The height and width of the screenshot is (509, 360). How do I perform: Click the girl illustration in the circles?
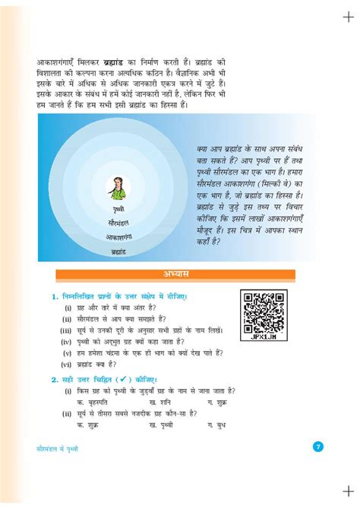point(117,186)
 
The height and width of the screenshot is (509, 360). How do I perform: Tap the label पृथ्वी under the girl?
point(118,208)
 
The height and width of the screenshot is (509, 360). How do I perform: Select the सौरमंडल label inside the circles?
point(118,223)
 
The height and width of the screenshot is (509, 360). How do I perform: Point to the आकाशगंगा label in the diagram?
point(118,236)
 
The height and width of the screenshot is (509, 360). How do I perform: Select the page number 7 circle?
point(317,447)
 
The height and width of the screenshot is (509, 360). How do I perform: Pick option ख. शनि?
point(163,400)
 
